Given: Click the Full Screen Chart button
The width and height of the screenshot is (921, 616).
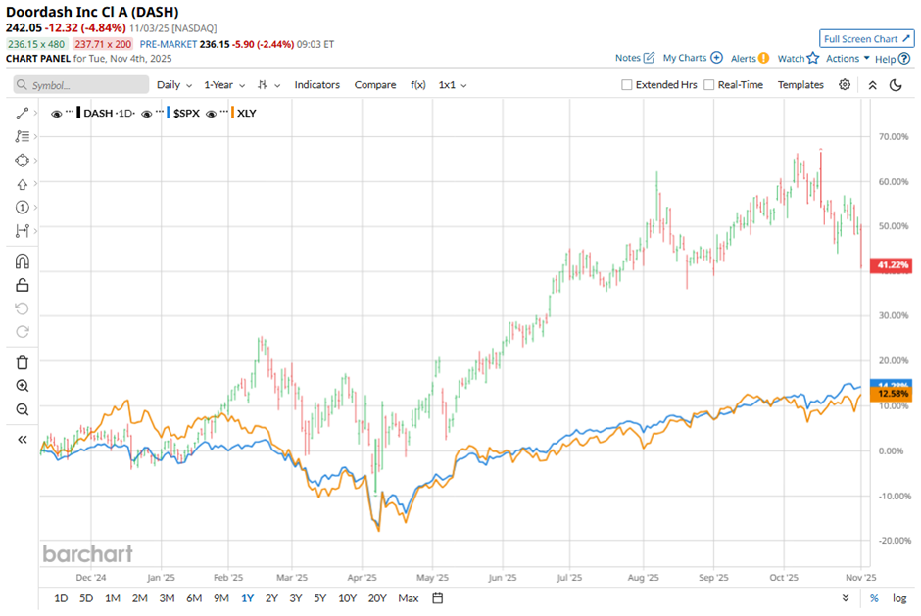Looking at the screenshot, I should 867,38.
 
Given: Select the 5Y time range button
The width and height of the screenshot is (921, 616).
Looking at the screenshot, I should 320,598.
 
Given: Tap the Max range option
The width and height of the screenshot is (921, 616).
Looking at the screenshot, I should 409,598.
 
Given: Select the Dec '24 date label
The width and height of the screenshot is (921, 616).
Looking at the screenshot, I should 104,578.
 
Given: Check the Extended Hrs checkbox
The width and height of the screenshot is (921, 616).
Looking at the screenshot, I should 627,85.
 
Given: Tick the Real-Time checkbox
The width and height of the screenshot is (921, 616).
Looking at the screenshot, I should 709,85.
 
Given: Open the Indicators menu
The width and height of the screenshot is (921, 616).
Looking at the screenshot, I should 316,85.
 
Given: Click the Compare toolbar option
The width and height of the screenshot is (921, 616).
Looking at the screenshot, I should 375,85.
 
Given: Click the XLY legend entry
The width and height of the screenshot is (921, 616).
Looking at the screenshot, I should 246,113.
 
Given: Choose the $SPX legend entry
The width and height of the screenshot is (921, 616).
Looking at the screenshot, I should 186,113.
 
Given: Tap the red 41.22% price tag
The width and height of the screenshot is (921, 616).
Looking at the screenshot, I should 893,265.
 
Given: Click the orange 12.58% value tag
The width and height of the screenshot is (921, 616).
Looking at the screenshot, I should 893,394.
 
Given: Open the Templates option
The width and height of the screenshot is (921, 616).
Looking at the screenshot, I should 800,85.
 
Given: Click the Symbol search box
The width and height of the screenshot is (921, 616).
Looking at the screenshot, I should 82,85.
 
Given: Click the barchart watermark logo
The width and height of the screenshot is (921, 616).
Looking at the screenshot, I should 87,553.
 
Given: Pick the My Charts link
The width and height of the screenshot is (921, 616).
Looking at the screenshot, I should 693,58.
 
